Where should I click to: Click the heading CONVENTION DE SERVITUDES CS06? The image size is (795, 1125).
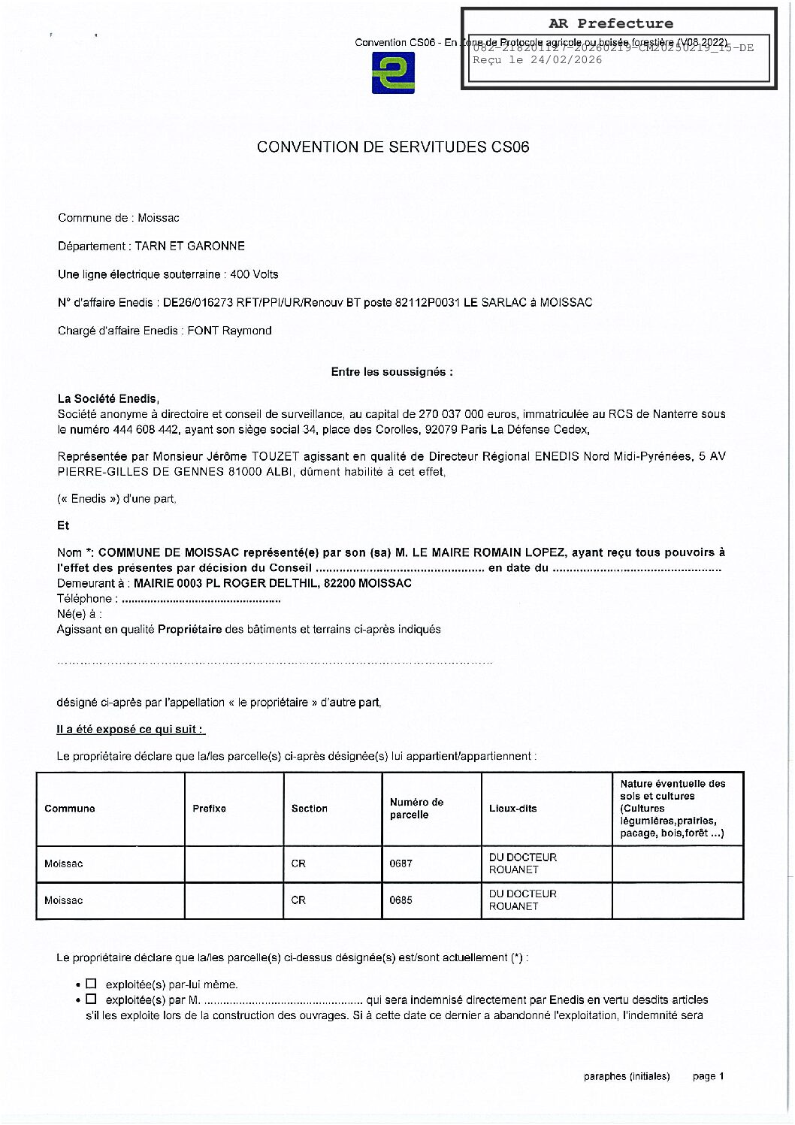point(393,147)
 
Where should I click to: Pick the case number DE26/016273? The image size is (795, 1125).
point(197,303)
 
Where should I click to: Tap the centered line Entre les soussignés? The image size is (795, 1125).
point(391,372)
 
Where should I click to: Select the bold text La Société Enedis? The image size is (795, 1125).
point(108,399)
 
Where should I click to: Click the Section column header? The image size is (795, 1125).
point(310,809)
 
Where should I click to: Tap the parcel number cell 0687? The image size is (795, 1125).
point(401,863)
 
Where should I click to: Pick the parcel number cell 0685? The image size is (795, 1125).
point(401,900)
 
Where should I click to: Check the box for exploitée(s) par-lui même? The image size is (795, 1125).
point(92,984)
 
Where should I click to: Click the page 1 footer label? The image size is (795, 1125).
point(708,1076)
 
